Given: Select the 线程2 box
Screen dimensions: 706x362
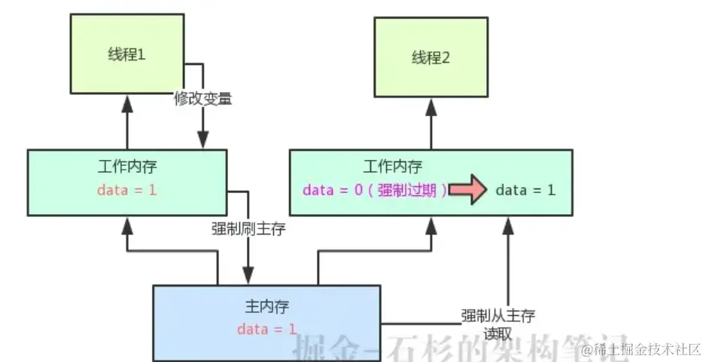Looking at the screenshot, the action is pyautogui.click(x=430, y=57).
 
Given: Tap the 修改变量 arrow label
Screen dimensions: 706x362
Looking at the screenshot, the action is pyautogui.click(x=202, y=100).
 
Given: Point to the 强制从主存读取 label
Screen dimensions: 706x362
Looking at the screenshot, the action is pyautogui.click(x=498, y=323).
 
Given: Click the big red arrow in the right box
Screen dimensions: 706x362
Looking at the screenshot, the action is pyautogui.click(x=468, y=191).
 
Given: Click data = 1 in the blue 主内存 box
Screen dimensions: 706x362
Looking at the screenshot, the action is pyautogui.click(x=266, y=329).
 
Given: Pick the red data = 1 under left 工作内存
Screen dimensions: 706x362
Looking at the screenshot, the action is pyautogui.click(x=127, y=189).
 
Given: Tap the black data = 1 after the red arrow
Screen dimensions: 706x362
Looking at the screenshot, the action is pyautogui.click(x=525, y=190).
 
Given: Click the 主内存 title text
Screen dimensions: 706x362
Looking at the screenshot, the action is pyautogui.click(x=266, y=307).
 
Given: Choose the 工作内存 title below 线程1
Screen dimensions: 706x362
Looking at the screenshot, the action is pyautogui.click(x=127, y=166).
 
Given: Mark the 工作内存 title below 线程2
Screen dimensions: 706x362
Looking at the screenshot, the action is pyautogui.click(x=392, y=166).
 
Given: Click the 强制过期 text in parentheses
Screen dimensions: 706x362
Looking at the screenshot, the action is pyautogui.click(x=410, y=190).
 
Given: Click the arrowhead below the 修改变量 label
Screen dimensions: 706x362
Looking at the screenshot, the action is pyautogui.click(x=202, y=140).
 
